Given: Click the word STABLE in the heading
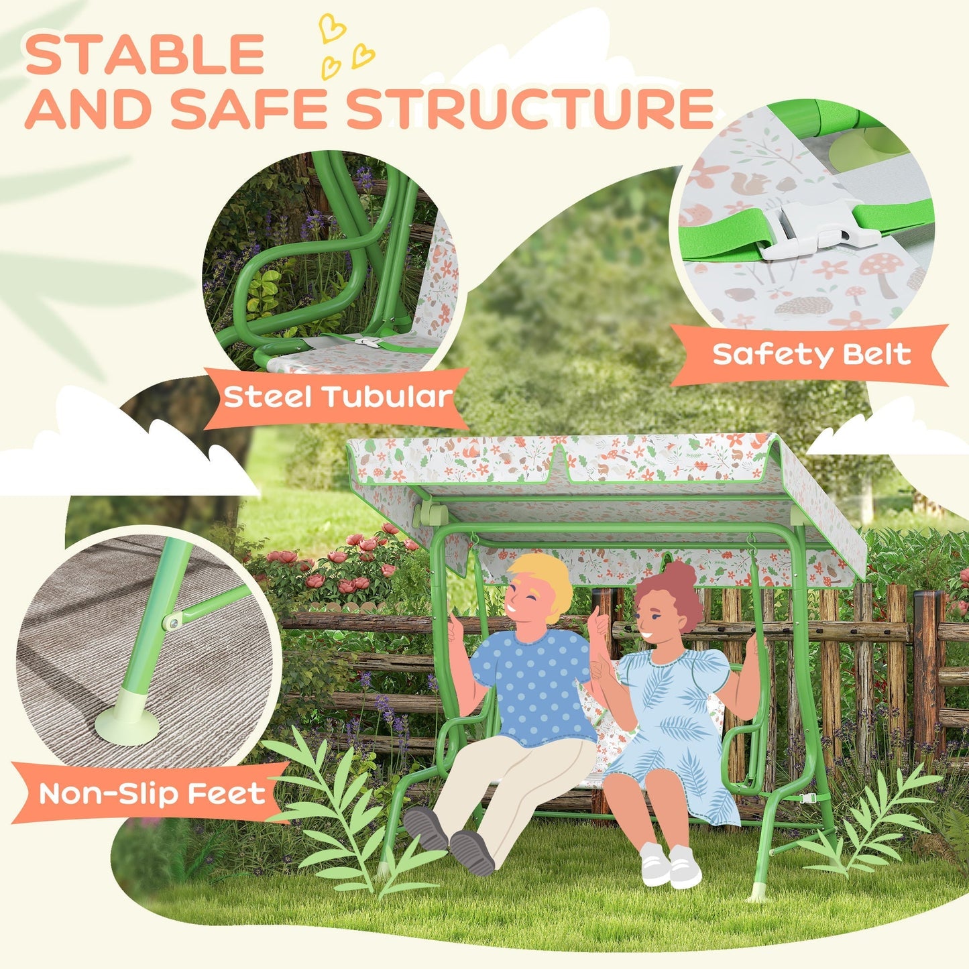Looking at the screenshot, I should point(145,55).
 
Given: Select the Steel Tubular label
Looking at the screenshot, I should point(337,397).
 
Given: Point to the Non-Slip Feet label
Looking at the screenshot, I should point(152,794).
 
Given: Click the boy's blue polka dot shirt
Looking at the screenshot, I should point(533,684).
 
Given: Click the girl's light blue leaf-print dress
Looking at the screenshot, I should point(677,724).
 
